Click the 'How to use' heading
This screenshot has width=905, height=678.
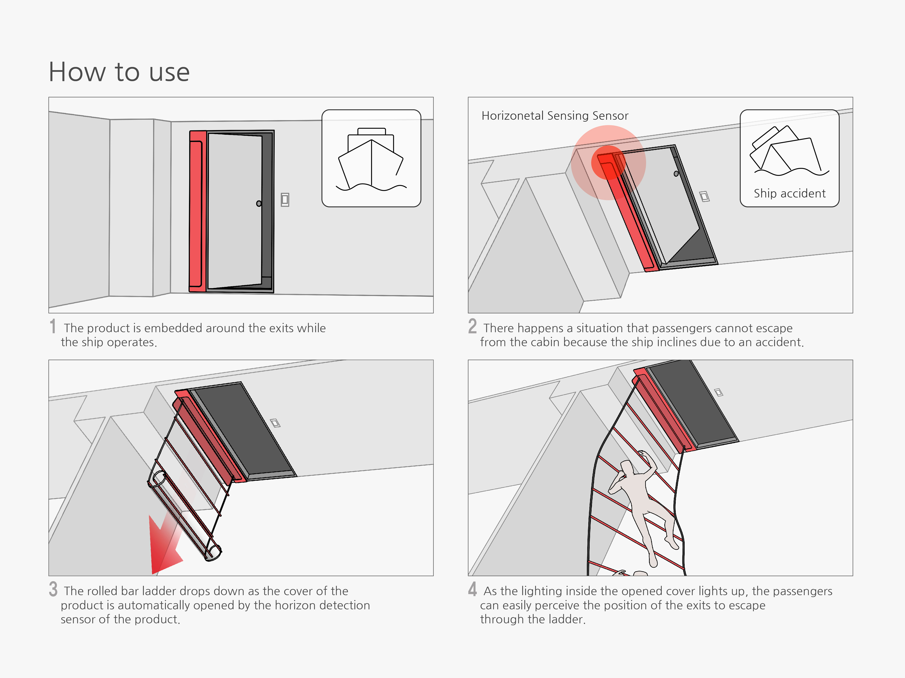pyautogui.click(x=119, y=72)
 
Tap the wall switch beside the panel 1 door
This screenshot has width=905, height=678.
pyautogui.click(x=285, y=200)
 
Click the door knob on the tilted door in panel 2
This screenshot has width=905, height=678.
pyautogui.click(x=676, y=174)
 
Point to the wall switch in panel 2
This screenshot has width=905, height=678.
pyautogui.click(x=704, y=197)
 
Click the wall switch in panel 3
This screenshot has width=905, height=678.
pyautogui.click(x=275, y=423)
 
